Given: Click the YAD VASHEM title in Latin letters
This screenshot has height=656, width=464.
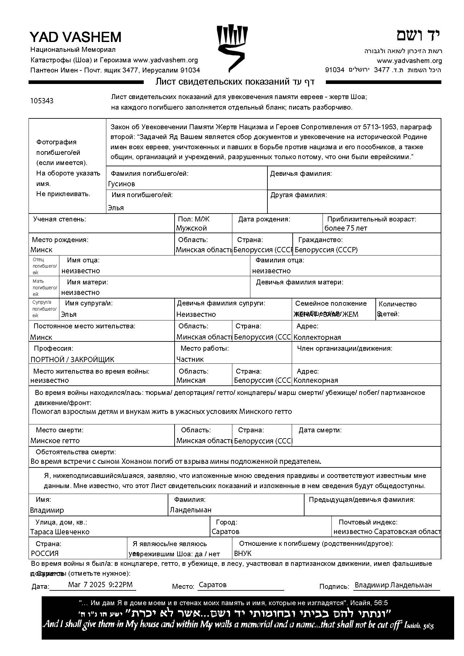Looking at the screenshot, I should [x=75, y=37].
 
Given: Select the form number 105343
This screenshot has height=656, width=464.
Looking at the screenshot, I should [x=42, y=101].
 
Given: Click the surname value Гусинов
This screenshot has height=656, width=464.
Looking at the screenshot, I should [x=121, y=184].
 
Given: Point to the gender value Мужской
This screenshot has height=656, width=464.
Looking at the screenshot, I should [x=191, y=228].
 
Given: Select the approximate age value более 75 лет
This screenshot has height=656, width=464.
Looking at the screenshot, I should [x=346, y=228].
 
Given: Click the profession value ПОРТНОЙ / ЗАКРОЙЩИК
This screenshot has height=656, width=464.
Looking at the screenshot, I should [x=72, y=359].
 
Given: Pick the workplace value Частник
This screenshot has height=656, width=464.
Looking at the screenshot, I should [x=190, y=359].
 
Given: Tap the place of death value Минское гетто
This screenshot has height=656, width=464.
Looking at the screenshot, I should [x=55, y=441].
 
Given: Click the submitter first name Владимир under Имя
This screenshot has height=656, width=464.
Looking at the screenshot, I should [x=47, y=510].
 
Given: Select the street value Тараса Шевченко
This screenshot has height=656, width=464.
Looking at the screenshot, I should [x=60, y=532].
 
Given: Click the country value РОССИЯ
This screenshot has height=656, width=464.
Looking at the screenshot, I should [x=45, y=554].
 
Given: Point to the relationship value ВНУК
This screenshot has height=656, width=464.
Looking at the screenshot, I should [x=243, y=554].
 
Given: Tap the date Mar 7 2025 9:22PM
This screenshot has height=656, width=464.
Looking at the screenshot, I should [x=100, y=584].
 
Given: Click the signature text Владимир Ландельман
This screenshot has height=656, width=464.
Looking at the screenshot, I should [x=393, y=585].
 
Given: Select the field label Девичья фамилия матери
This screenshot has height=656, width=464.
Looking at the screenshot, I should [x=300, y=282].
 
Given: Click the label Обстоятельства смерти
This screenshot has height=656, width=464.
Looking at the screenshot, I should [x=75, y=452].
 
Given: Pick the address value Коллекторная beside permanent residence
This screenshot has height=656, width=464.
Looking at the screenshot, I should [x=317, y=338].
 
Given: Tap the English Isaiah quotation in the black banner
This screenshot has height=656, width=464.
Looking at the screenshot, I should [x=238, y=624].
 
